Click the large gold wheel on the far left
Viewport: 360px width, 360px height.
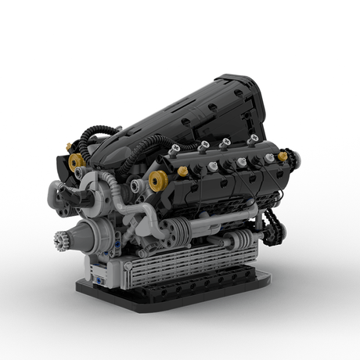click(77, 162)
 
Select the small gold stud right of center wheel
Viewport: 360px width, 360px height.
click(182, 171)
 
